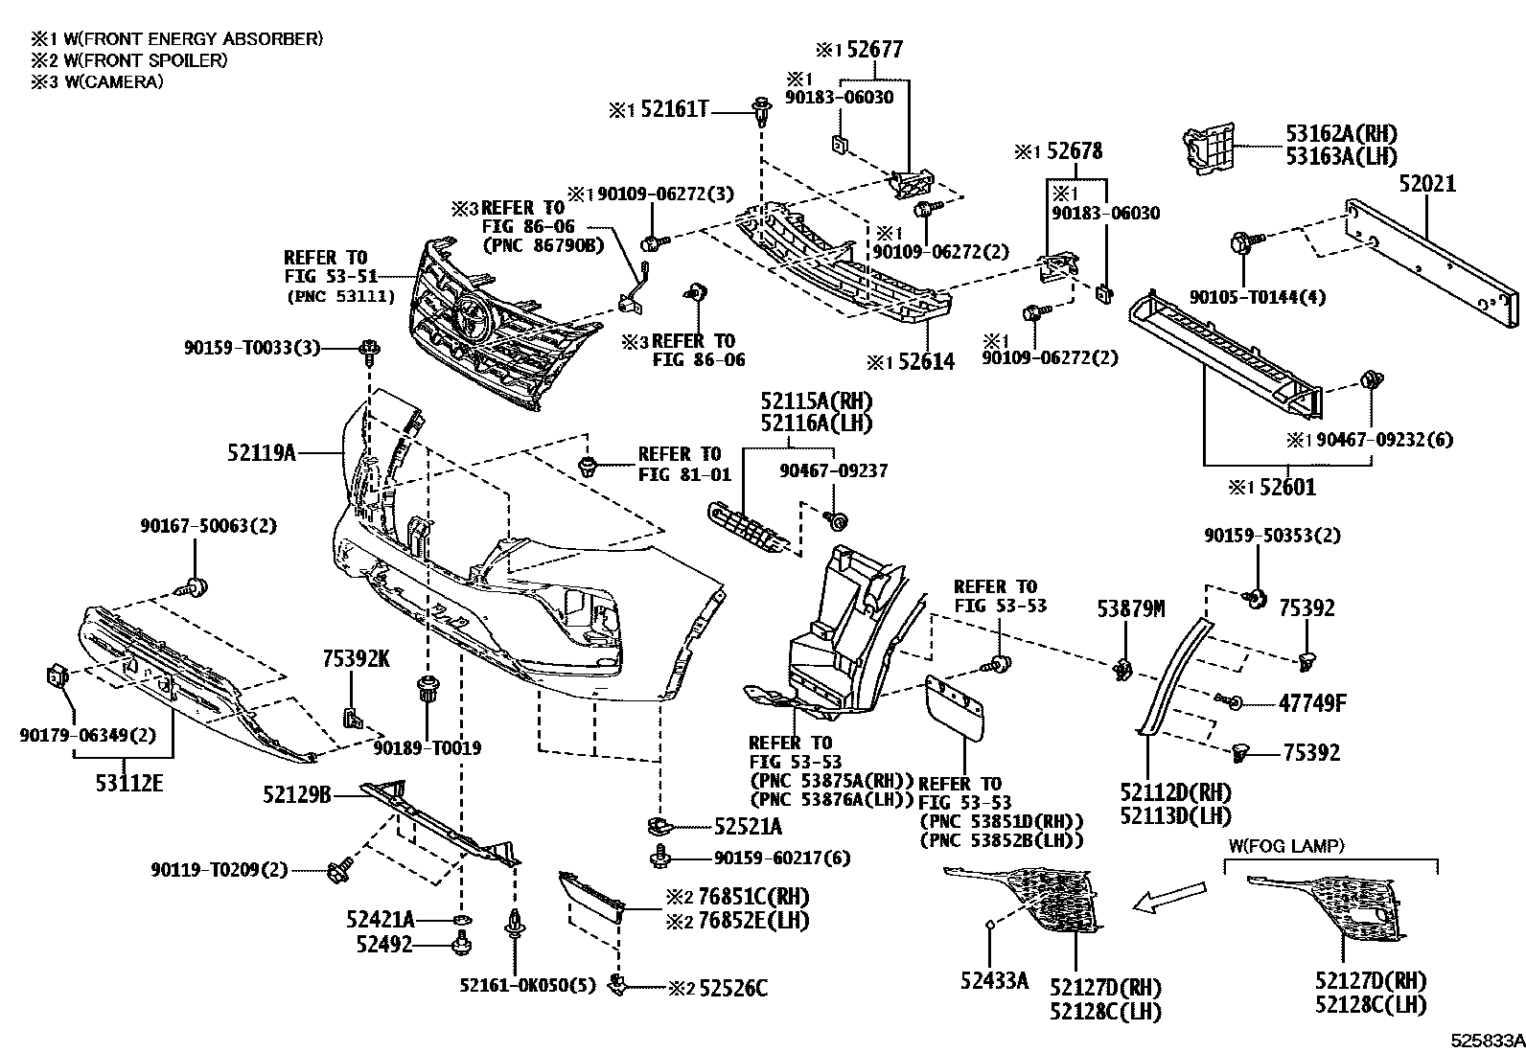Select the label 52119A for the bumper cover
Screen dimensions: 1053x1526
(261, 451)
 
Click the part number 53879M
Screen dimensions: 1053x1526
(1131, 607)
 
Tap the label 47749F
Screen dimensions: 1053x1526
(1312, 704)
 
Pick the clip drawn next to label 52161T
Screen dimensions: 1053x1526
(762, 112)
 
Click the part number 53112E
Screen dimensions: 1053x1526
(129, 785)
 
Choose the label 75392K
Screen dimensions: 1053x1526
(356, 658)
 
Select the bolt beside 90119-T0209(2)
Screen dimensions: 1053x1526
(337, 870)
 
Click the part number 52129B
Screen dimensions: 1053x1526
(297, 793)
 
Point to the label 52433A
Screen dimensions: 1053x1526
(994, 980)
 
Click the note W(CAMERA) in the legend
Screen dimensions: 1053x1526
(96, 81)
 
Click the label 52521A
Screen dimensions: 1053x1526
(748, 826)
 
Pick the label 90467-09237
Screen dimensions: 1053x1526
(833, 470)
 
